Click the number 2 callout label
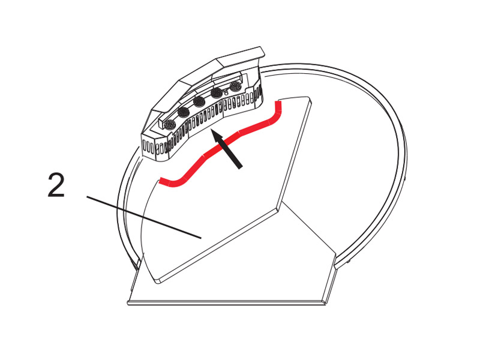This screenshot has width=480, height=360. [x=56, y=185]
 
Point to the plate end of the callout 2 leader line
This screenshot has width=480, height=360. [x=201, y=238]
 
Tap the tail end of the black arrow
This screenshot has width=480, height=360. [x=239, y=167]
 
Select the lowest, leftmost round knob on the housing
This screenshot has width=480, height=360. [x=170, y=125]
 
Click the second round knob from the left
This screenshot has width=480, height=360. [x=184, y=113]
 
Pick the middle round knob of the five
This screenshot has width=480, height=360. [x=200, y=101]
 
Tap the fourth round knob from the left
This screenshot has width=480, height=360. [x=217, y=92]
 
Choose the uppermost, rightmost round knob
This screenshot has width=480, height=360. [x=236, y=86]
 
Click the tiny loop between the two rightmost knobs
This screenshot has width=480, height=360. [x=226, y=92]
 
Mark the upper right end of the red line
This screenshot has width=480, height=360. [x=278, y=101]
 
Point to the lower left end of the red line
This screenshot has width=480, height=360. [x=160, y=179]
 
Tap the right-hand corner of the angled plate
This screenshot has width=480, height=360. [x=278, y=209]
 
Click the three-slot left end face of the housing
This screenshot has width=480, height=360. [x=149, y=146]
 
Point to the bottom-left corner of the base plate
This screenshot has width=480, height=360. [x=128, y=303]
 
